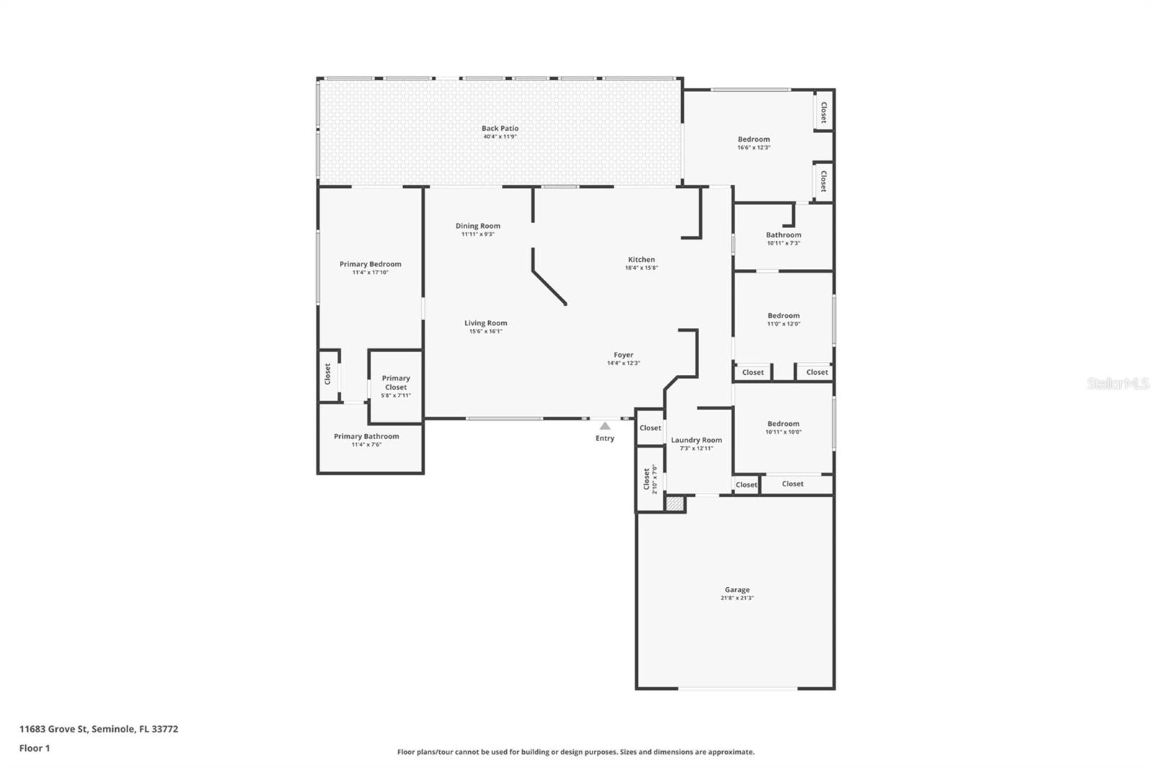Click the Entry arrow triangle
(x=605, y=426)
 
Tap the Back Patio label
(x=500, y=128)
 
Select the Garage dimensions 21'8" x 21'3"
(x=737, y=598)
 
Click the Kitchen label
(x=641, y=260)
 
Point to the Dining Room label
(x=477, y=226)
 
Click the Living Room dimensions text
(x=485, y=332)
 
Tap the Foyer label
(x=624, y=355)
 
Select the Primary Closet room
(x=395, y=386)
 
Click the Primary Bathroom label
(x=366, y=436)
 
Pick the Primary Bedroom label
(x=370, y=264)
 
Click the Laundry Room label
(x=696, y=440)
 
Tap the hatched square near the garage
(x=675, y=504)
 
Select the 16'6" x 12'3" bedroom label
(x=753, y=140)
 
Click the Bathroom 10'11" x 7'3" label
(x=783, y=235)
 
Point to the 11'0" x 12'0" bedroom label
(x=783, y=315)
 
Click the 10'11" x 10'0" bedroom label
(x=783, y=424)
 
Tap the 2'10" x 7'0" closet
(x=649, y=479)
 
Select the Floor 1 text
(x=35, y=748)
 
